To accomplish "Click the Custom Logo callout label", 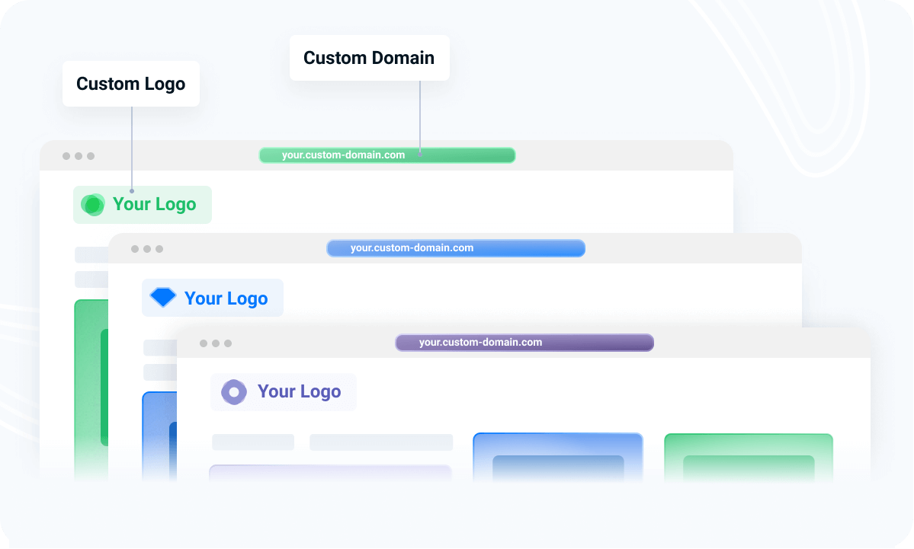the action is pos(130,84).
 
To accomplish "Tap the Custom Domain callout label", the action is pos(369,58).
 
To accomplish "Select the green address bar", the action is pos(387,155).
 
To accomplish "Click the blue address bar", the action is pos(456,248).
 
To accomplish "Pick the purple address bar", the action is pos(524,343).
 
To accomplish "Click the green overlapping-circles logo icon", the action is pos(93,205).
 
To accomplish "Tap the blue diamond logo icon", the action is pos(163,298).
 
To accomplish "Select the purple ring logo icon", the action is pos(234,392).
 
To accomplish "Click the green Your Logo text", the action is pos(155,204).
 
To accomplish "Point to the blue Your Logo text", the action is pos(226,298).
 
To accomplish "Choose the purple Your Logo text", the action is pos(299,391).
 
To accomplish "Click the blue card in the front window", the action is pos(558,458).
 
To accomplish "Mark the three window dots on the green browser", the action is pos(78,156).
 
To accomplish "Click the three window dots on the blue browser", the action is pos(147,249).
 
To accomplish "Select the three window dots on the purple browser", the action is pos(216,343).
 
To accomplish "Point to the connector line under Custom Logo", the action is pos(132,149).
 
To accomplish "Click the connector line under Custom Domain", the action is pos(420,118).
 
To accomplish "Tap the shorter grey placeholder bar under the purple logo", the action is pos(253,442).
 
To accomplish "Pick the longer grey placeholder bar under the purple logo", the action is pos(381,442).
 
